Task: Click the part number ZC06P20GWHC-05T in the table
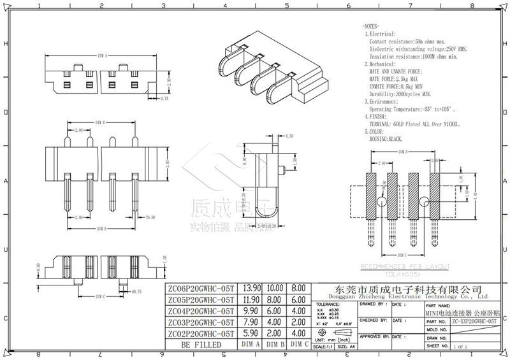[200, 289]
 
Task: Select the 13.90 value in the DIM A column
[252, 289]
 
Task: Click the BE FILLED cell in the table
[200, 345]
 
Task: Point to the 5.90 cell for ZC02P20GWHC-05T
[252, 333]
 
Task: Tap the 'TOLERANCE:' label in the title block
[328, 305]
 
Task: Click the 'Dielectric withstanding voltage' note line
[418, 48]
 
